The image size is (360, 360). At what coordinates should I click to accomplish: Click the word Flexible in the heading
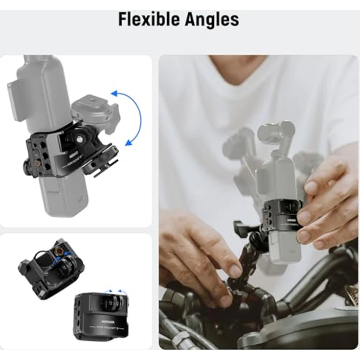(x=149, y=19)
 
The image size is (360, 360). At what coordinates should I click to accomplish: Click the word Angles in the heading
(x=212, y=19)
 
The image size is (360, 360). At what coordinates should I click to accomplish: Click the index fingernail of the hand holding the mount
(x=311, y=187)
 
